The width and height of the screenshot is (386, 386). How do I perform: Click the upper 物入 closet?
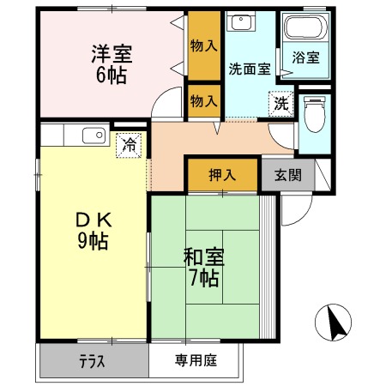[204, 45]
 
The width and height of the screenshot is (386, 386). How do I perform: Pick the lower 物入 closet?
[204, 100]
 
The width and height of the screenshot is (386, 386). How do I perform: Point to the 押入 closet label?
[221, 175]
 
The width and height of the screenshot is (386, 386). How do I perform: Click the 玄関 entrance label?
[286, 175]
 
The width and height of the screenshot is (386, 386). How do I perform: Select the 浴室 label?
[305, 57]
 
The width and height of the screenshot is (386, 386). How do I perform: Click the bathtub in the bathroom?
[305, 30]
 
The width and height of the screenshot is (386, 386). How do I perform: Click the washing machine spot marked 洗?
[280, 102]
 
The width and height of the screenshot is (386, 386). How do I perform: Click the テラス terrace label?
[93, 361]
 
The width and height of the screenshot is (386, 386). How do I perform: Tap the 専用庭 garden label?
[195, 361]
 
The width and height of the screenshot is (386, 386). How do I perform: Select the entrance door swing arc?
[296, 206]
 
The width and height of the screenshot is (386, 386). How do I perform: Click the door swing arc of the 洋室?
[163, 107]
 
